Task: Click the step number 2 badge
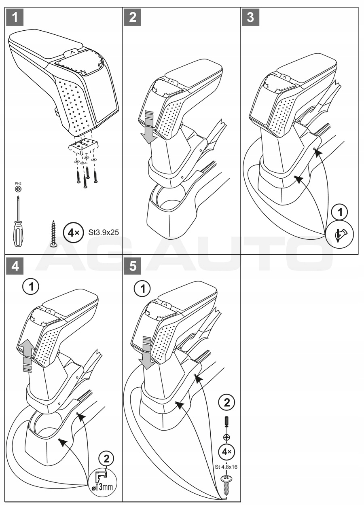pos(132,17)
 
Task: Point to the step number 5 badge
pos(132,266)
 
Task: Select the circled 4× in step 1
pos(73,233)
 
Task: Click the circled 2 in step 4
pos(106,459)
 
